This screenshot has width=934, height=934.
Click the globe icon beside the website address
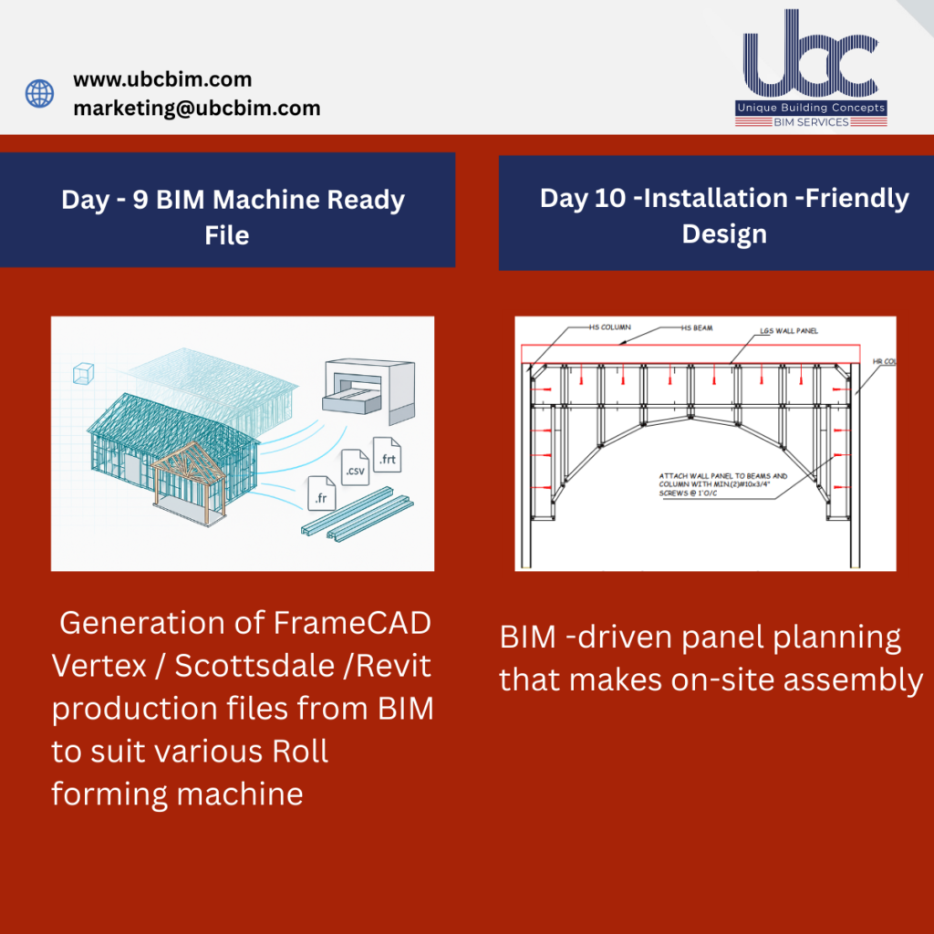(39, 93)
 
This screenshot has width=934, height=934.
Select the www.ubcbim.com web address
(162, 79)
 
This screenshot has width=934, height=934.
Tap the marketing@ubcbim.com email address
(196, 108)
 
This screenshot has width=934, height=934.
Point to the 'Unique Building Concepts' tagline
(811, 109)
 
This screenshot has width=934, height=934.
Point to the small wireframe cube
(82, 373)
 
